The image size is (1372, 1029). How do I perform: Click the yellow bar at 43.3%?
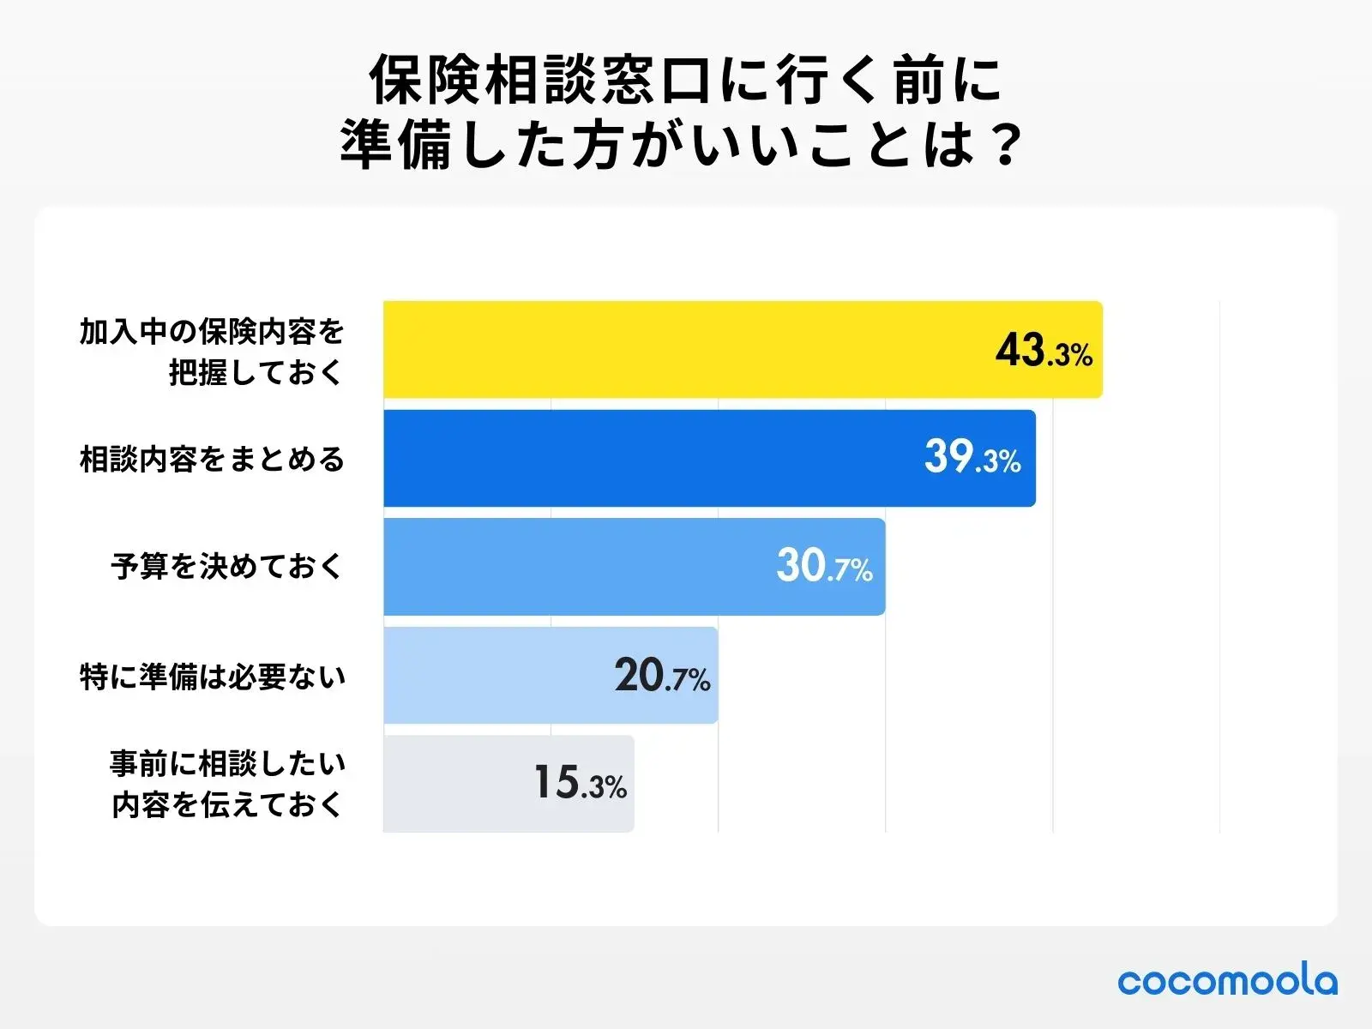click(x=686, y=350)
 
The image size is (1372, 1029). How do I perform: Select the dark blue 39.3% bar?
click(x=652, y=458)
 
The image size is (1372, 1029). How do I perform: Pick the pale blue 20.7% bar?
click(x=497, y=676)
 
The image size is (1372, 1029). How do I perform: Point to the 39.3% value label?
click(x=972, y=458)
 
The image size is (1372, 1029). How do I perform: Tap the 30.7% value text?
click(x=824, y=567)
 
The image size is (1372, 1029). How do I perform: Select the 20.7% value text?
click(x=662, y=676)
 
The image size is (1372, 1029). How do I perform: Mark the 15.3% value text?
click(x=581, y=784)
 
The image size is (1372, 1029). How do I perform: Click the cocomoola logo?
click(x=1227, y=980)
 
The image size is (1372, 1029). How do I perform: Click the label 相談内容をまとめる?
click(x=212, y=460)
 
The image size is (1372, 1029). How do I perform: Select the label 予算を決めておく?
click(x=226, y=567)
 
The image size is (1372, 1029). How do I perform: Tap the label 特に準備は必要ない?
click(x=212, y=677)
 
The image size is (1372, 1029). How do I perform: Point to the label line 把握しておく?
click(x=256, y=372)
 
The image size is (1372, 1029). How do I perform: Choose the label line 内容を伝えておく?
click(x=226, y=804)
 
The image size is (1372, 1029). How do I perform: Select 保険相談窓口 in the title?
click(x=540, y=81)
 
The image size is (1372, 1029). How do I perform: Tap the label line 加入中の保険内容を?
click(x=212, y=331)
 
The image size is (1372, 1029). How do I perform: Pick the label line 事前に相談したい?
click(x=227, y=763)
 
